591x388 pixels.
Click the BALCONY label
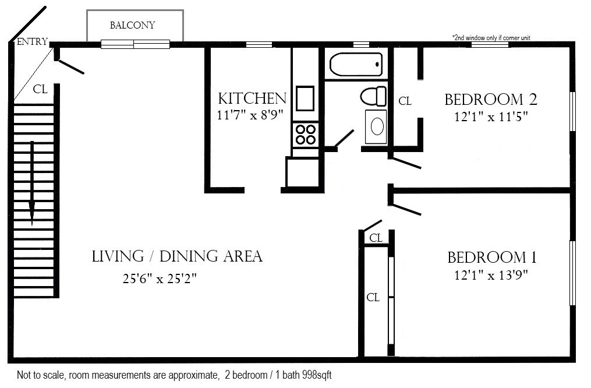pyautogui.click(x=132, y=25)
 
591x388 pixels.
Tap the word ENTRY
pyautogui.click(x=33, y=41)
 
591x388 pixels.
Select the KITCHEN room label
pyautogui.click(x=252, y=98)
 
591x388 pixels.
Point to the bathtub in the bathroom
pyautogui.click(x=356, y=64)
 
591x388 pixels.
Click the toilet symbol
pyautogui.click(x=373, y=96)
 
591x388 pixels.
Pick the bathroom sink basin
pyautogui.click(x=376, y=126)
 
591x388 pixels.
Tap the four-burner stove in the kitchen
pyautogui.click(x=305, y=135)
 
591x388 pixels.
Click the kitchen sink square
pyautogui.click(x=305, y=98)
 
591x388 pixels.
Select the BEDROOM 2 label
pyautogui.click(x=491, y=100)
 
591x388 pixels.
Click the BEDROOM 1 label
pyautogui.click(x=492, y=258)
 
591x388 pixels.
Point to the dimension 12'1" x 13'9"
pyautogui.click(x=491, y=275)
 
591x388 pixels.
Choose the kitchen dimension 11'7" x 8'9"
pyautogui.click(x=250, y=115)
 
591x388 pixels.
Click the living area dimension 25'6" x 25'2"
pyautogui.click(x=160, y=278)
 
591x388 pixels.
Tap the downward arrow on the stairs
pyautogui.click(x=32, y=184)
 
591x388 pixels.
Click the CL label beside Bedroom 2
pyautogui.click(x=405, y=101)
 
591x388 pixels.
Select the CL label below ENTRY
pyautogui.click(x=40, y=89)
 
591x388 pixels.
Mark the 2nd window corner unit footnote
pyautogui.click(x=491, y=38)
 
